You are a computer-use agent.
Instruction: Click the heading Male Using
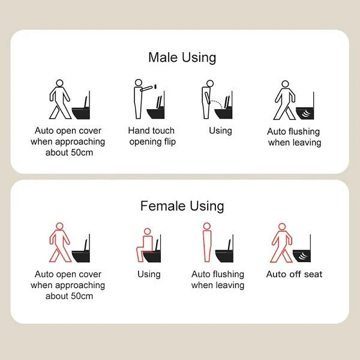pyautogui.click(x=182, y=58)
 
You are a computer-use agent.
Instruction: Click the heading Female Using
pyautogui.click(x=182, y=206)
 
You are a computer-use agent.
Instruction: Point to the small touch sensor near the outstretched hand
pyautogui.click(x=155, y=86)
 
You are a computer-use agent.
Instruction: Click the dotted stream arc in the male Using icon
pyautogui.click(x=217, y=103)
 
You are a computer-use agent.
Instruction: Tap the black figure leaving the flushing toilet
pyautogui.click(x=285, y=100)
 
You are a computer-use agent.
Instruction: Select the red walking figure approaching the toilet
pyautogui.click(x=59, y=242)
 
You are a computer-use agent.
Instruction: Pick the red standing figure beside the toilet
pyautogui.click(x=207, y=242)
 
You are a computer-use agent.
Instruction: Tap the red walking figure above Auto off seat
pyautogui.click(x=282, y=243)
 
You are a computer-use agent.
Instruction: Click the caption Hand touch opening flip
pyautogui.click(x=152, y=136)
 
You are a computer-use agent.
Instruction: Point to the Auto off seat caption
pyautogui.click(x=294, y=274)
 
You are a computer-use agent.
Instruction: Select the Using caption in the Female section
pyautogui.click(x=149, y=274)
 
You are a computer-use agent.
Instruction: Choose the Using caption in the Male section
pyautogui.click(x=220, y=131)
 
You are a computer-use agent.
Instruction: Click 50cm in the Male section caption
pyautogui.click(x=82, y=152)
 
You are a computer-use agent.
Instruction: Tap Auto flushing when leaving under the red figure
pyautogui.click(x=218, y=280)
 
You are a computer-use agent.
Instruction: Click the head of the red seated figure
pyautogui.click(x=147, y=232)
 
